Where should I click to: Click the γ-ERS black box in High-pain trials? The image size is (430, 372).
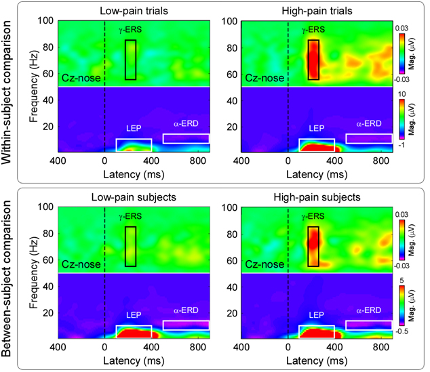[313, 60]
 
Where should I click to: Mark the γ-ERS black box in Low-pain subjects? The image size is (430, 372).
[131, 246]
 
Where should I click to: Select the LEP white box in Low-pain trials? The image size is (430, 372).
[134, 144]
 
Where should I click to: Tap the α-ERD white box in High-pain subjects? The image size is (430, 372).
[368, 325]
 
